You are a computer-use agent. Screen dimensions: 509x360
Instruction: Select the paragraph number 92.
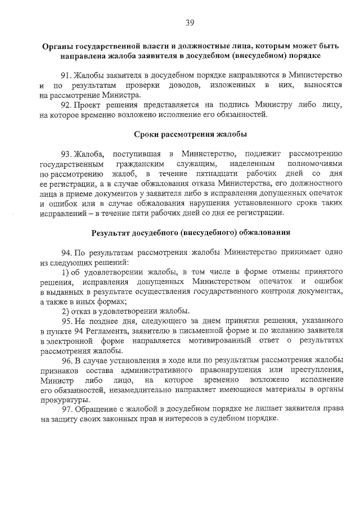pyautogui.click(x=67, y=105)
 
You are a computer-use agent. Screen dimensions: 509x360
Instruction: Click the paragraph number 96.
pyautogui.click(x=67, y=361)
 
